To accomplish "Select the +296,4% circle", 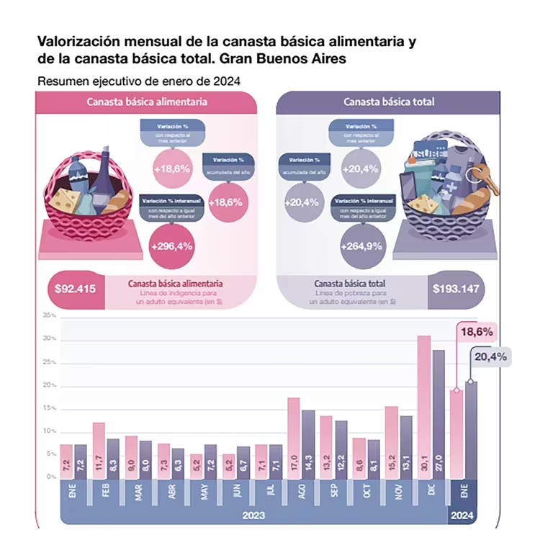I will tap(172, 246).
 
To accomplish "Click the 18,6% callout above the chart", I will tap(475, 332).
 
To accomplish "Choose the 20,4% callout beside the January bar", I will tap(490, 356).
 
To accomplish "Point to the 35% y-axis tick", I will tap(49, 315).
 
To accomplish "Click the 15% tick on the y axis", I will tap(49, 408).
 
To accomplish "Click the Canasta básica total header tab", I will tap(389, 102).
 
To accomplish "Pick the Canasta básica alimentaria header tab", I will tap(147, 102).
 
